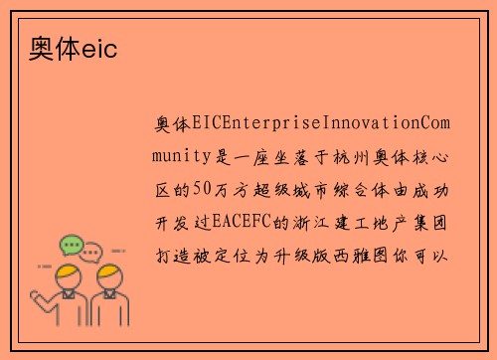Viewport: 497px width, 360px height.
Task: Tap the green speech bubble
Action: pos(72,245)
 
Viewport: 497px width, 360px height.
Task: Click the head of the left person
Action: pos(69,273)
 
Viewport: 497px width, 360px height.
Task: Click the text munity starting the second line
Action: pos(184,154)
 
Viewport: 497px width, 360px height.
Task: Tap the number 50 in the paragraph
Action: pos(201,185)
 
